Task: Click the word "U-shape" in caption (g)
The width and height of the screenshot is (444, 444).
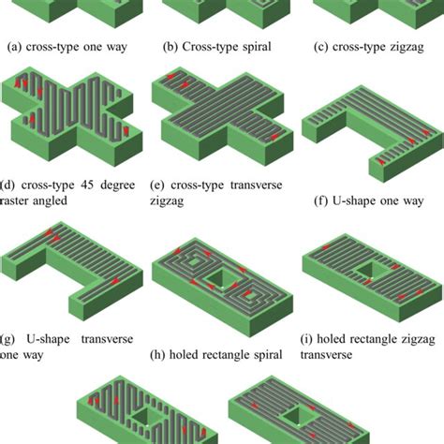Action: click(x=52, y=339)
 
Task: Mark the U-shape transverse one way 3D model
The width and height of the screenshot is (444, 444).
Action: click(x=70, y=272)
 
